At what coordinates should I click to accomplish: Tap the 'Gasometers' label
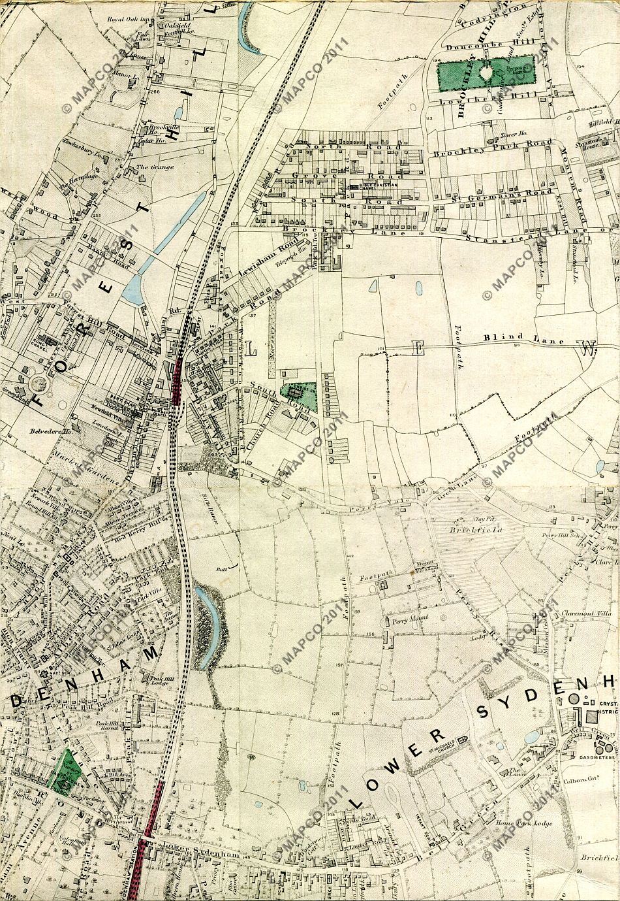pyautogui.click(x=597, y=758)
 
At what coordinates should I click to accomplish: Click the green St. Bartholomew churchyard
pyautogui.click(x=65, y=771)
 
